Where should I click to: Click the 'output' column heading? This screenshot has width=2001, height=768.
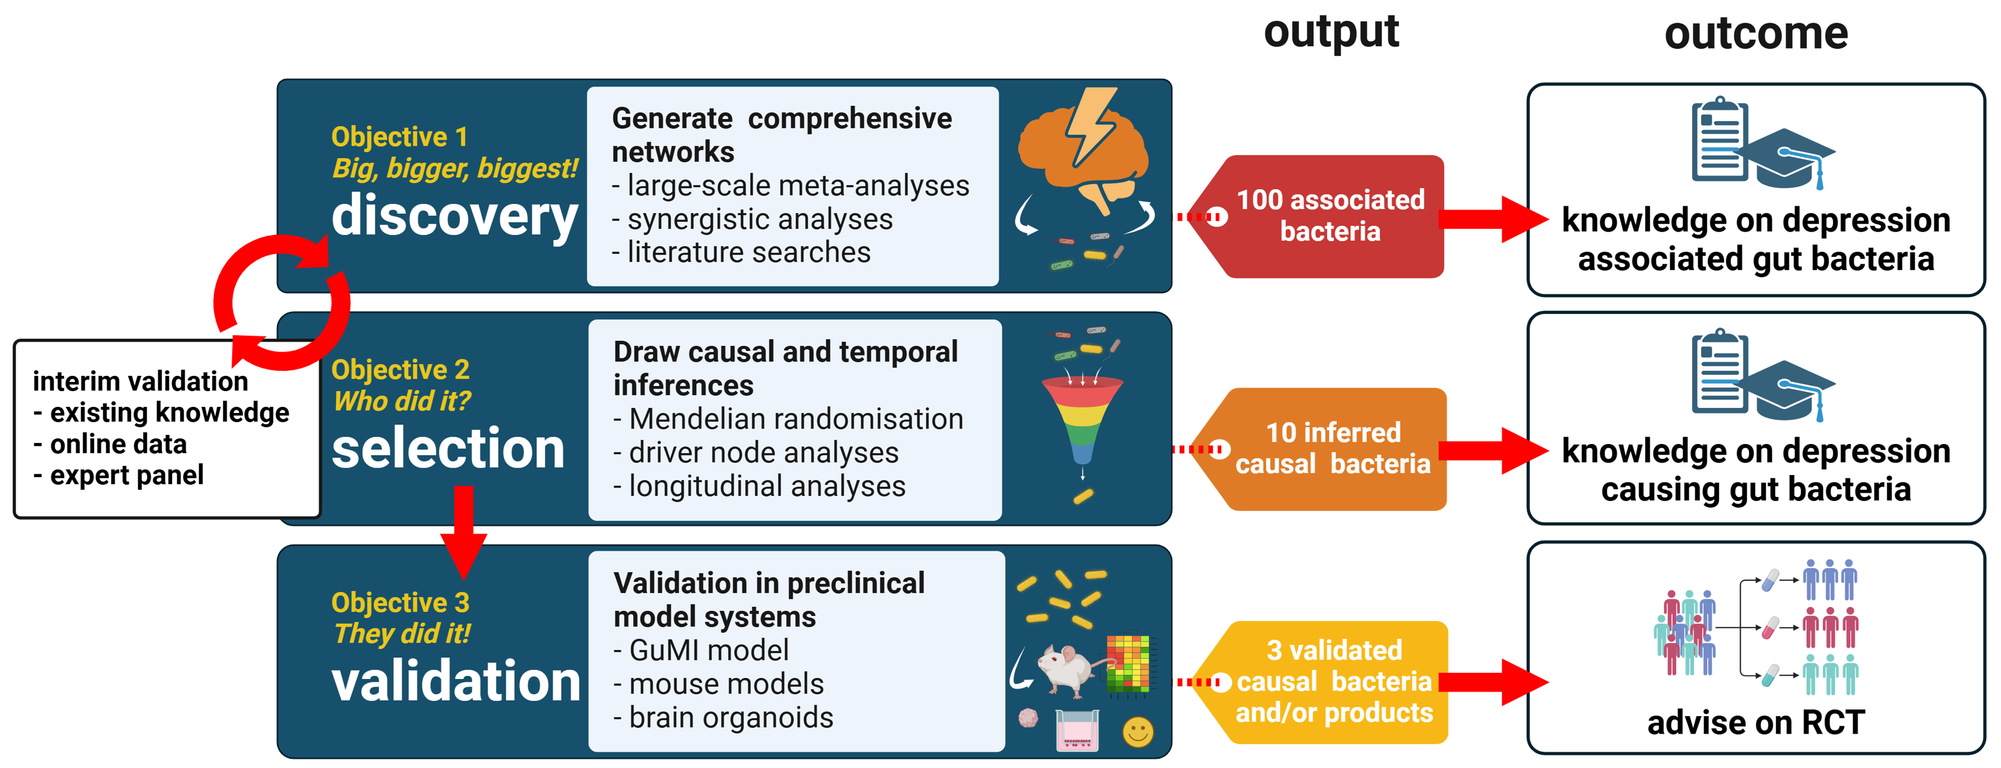click(1331, 33)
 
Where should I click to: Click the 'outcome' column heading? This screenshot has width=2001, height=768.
click(1756, 34)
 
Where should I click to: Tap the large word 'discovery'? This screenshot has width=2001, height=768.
click(454, 215)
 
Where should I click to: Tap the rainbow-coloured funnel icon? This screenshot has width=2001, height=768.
click(1082, 419)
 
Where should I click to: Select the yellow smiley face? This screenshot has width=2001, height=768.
click(1137, 731)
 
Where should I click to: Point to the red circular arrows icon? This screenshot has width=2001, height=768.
click(281, 303)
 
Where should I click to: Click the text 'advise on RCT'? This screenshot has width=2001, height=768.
click(1756, 722)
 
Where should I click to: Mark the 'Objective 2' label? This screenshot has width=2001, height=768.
click(400, 370)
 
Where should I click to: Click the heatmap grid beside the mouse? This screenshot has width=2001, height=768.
click(1128, 663)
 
